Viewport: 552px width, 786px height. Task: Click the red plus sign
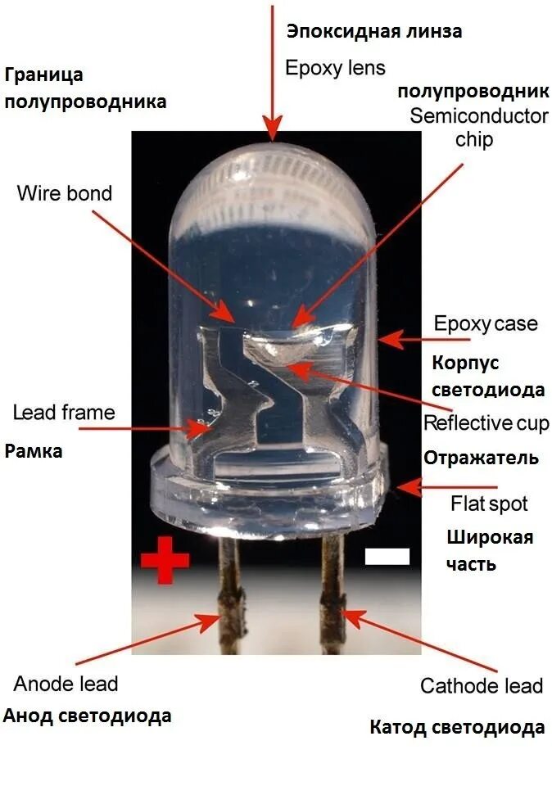tap(165, 561)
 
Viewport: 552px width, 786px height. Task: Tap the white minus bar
tap(387, 557)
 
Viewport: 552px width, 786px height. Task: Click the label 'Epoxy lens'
tap(335, 68)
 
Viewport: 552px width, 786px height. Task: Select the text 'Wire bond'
tap(65, 194)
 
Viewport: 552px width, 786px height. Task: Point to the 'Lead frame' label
tap(64, 411)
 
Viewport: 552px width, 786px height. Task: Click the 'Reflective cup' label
tap(486, 423)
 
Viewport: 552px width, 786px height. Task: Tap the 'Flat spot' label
tap(489, 503)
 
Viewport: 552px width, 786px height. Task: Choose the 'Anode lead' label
tap(66, 683)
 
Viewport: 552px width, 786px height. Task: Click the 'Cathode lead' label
tap(482, 685)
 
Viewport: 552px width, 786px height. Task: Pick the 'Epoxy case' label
tap(486, 323)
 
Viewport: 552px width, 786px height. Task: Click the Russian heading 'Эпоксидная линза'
tap(374, 32)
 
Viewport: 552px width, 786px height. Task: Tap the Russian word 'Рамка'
tap(34, 450)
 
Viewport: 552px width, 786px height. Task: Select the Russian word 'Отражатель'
tap(481, 458)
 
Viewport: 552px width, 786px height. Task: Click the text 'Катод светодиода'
tap(457, 727)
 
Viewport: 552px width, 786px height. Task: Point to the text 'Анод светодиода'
tap(88, 716)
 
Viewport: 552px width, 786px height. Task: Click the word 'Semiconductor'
tap(479, 115)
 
